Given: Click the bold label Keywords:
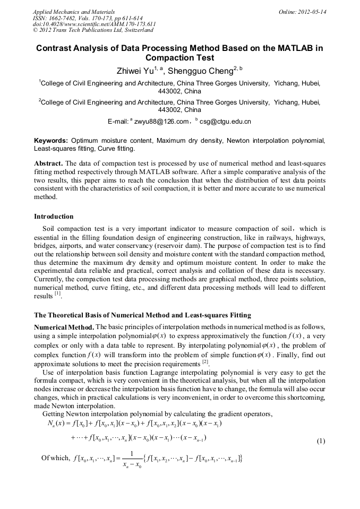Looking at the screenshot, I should coord(51,141).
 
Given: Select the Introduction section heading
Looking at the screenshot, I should coord(54,217).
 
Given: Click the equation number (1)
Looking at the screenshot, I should coord(320,441).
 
